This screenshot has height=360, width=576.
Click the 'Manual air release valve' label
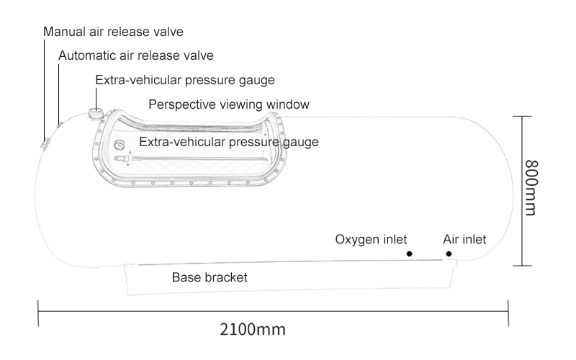pos(113,32)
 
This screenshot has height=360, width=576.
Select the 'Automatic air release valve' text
pos(135,55)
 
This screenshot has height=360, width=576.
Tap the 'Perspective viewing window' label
pos(229,104)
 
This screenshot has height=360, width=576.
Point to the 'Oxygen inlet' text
pos(372,239)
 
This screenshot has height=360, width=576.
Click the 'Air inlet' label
pos(464,239)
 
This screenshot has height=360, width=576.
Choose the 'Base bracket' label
pos(210,276)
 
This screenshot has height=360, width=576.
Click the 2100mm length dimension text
pos(253,330)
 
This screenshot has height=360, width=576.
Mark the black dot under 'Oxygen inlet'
pos(408,253)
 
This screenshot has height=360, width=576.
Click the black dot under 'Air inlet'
pos(449,253)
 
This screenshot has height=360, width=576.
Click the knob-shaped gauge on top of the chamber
pos(94,113)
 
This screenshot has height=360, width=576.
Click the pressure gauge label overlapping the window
pos(228,142)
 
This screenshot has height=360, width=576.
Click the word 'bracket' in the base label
pos(225,276)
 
